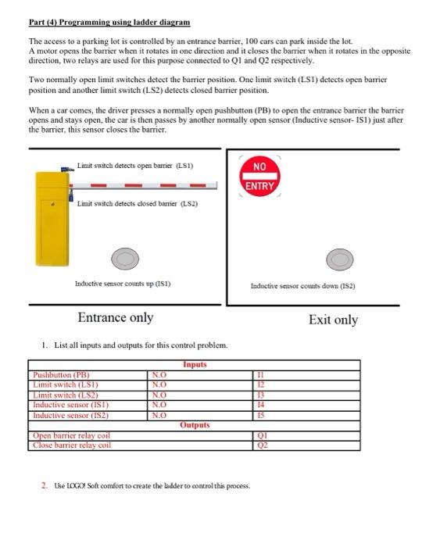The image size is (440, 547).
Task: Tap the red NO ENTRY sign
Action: pos(259,177)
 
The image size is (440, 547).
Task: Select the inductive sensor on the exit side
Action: pos(338,258)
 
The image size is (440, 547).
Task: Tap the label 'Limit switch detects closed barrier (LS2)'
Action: pos(137,203)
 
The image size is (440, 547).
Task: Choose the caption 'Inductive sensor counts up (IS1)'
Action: pos(122,284)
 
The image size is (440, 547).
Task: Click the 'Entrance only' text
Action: pos(116,317)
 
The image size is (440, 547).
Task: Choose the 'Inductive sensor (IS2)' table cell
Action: pos(70,415)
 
